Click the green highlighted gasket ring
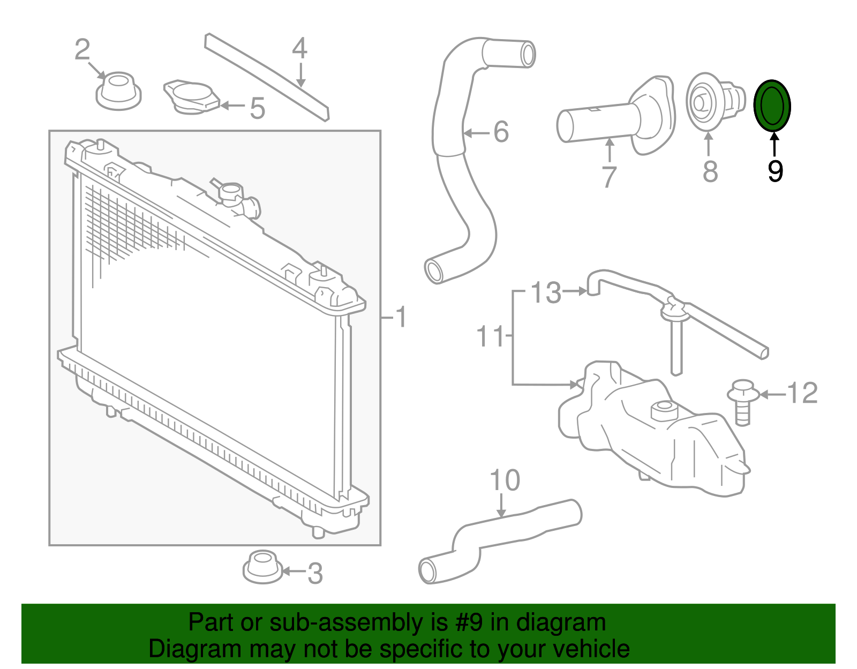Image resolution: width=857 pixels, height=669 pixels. point(772,106)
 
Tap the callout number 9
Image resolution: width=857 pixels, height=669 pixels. point(775,171)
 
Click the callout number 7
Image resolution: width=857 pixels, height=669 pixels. point(609,177)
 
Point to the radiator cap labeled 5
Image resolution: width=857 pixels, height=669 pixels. point(191,97)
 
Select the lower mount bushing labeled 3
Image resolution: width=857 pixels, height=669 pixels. point(262,567)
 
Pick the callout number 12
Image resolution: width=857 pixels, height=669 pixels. point(802,393)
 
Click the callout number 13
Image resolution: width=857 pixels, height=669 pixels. point(546,292)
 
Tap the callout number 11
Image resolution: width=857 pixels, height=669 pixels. point(490,336)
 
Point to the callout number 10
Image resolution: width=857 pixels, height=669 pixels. point(505,480)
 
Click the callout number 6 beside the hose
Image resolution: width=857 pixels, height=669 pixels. point(501,132)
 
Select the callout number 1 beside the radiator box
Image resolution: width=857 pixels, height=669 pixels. point(400,317)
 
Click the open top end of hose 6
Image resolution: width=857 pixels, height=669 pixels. point(528,55)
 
